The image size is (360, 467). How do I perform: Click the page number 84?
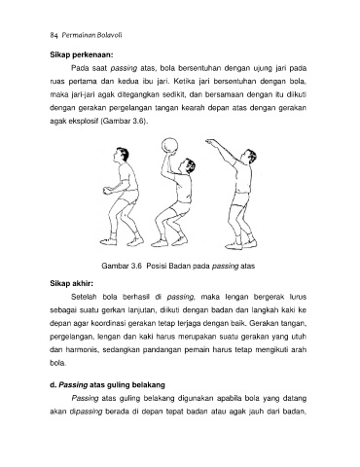(x=54, y=35)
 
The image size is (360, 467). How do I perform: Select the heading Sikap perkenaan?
(x=82, y=54)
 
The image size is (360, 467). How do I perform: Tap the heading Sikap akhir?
(x=72, y=283)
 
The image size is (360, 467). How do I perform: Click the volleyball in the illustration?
(x=170, y=146)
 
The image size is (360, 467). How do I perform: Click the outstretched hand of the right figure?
(x=210, y=141)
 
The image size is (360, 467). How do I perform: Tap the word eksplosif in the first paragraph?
(x=84, y=122)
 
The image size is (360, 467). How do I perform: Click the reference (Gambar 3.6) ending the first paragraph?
(x=124, y=122)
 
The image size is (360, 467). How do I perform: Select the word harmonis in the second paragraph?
(x=81, y=350)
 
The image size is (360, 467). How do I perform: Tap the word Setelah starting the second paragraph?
(x=82, y=297)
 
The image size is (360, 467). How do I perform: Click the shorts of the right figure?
(x=241, y=198)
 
